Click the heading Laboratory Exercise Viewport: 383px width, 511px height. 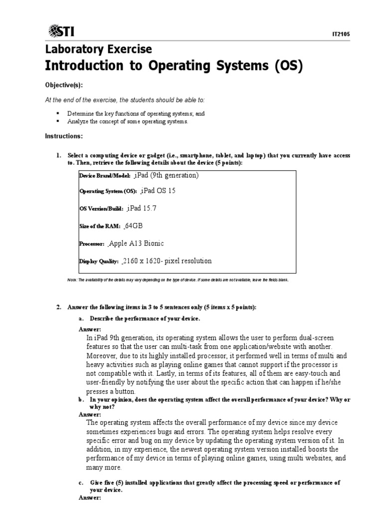(98, 49)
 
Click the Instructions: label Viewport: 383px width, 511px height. (64, 136)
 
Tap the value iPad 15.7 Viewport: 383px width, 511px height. (144, 208)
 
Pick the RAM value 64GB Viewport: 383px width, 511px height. (134, 226)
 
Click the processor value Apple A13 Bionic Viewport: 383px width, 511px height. (136, 244)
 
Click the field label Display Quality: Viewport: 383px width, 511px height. (99, 261)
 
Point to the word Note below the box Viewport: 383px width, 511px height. (72, 280)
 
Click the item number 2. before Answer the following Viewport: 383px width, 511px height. (58, 307)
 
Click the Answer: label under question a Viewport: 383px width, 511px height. (90, 329)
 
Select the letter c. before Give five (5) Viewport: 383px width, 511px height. (81, 483)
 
